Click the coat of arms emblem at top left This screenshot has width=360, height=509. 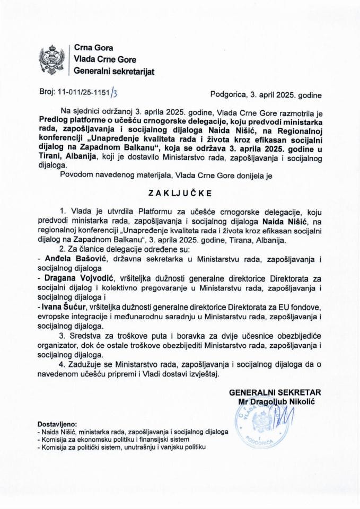point(52,59)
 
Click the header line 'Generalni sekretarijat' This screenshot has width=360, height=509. point(114,71)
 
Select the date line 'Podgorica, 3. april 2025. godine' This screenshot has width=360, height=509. point(266,95)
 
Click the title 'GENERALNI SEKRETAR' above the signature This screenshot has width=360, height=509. point(275,392)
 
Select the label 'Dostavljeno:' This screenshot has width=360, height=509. point(57,425)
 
